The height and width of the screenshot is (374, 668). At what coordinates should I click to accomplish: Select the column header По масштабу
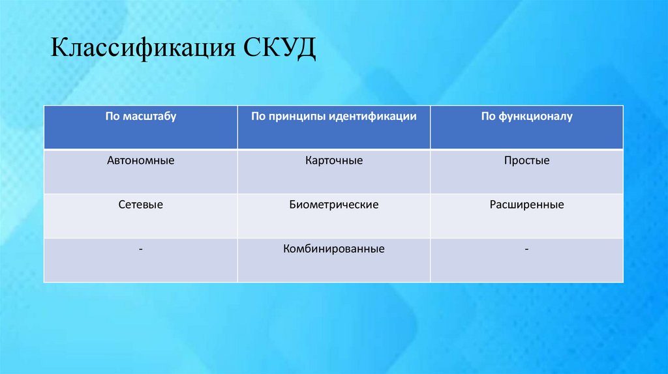(141, 117)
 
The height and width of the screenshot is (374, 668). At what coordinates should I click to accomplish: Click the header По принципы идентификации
(333, 117)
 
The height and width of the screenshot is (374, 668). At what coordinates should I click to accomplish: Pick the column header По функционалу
(526, 117)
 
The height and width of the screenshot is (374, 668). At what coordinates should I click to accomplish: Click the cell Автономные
(141, 160)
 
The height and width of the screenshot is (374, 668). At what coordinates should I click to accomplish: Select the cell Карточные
(333, 160)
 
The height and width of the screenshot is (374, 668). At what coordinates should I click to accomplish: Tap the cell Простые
(526, 160)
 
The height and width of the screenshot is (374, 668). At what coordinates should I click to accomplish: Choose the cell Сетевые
(141, 205)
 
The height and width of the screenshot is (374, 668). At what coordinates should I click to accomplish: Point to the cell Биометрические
(333, 205)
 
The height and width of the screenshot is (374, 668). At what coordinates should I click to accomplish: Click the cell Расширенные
(526, 205)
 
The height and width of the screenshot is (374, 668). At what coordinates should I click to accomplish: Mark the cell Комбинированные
(333, 249)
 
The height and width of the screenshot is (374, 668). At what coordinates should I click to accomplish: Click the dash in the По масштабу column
(141, 249)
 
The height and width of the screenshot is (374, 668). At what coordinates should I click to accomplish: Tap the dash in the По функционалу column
(526, 249)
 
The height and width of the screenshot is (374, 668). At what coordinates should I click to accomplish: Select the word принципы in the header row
(297, 117)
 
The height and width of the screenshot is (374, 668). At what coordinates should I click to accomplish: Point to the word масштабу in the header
(149, 117)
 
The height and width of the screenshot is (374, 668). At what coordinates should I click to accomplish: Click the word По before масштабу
(112, 117)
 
